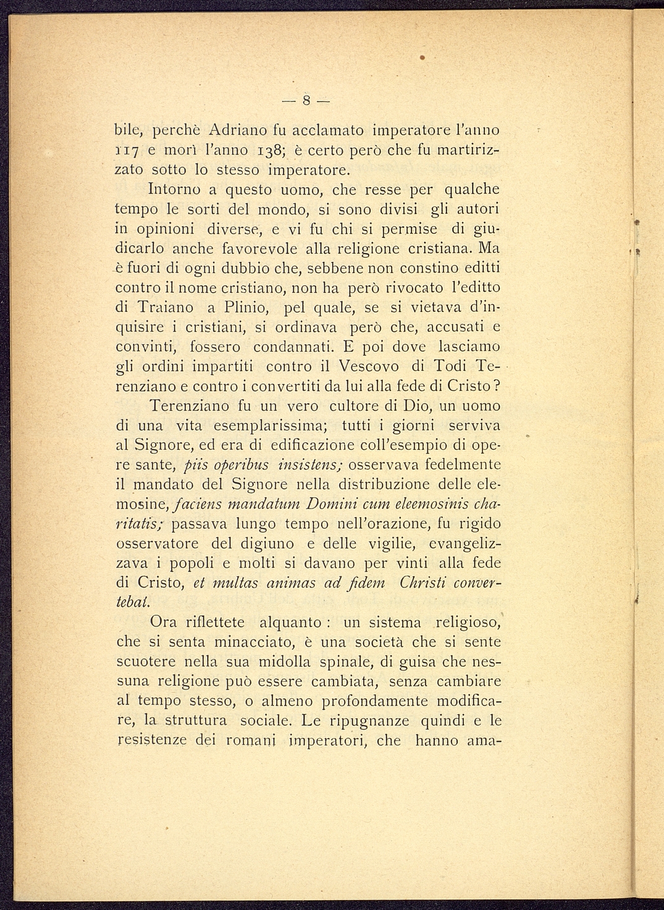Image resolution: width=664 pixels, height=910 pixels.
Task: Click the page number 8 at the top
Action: click(306, 99)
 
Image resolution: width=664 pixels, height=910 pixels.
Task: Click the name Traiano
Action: click(166, 307)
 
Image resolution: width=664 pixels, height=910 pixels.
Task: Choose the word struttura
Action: click(193, 720)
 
